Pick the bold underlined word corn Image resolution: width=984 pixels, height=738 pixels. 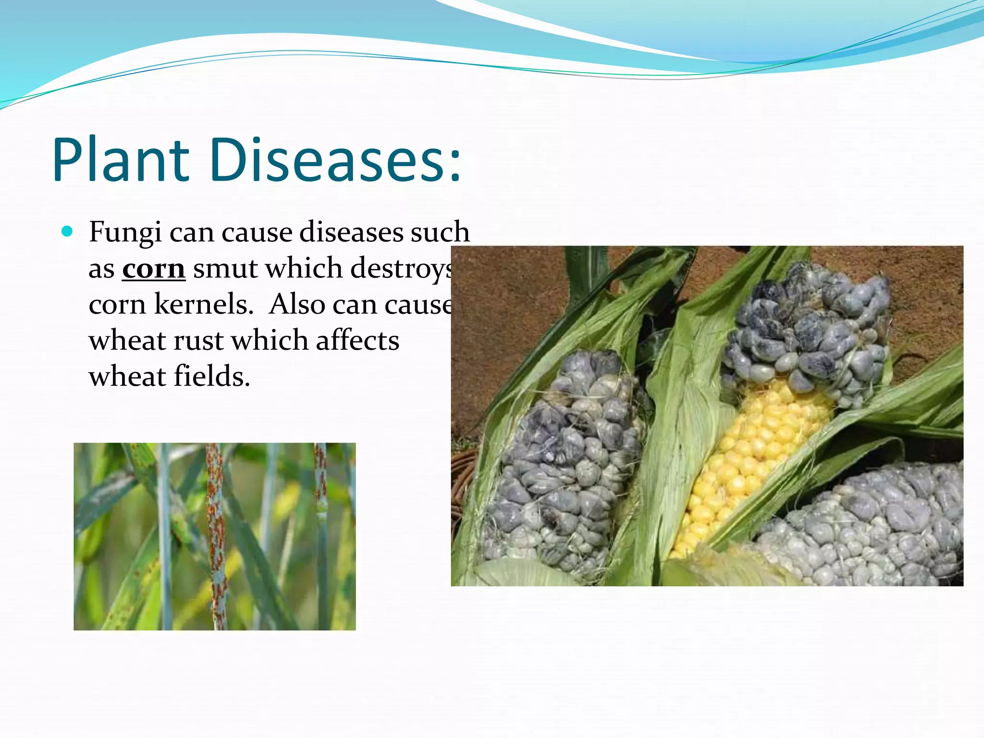[153, 269]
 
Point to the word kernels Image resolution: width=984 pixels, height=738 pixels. [204, 305]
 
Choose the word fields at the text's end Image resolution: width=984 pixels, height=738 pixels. [211, 377]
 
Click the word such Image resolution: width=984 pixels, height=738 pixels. [440, 233]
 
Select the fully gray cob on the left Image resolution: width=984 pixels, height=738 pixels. [567, 461]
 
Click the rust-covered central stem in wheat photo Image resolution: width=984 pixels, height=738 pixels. [215, 529]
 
